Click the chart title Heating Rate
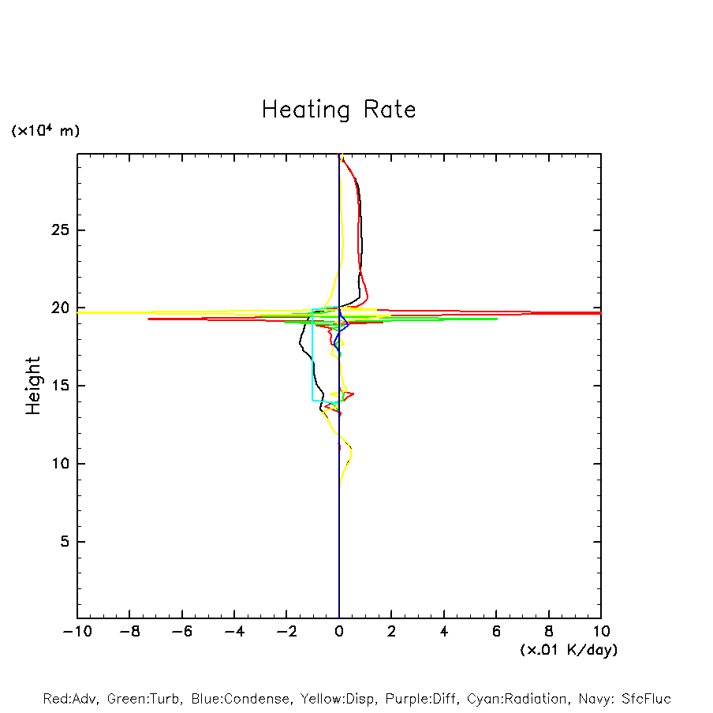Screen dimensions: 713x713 (x=338, y=110)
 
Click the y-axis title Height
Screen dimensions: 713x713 (x=32, y=386)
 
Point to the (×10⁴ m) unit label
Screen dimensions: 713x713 (x=45, y=131)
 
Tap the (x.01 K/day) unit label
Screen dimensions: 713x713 (x=568, y=650)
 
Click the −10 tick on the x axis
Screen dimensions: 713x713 (x=77, y=631)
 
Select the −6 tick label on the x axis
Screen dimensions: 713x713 (x=181, y=631)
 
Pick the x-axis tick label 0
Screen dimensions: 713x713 (x=339, y=631)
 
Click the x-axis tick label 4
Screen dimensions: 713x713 (x=444, y=631)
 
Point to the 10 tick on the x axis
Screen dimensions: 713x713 (x=601, y=631)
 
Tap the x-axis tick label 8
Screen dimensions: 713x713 (x=549, y=631)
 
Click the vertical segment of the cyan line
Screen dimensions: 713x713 (x=312, y=355)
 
